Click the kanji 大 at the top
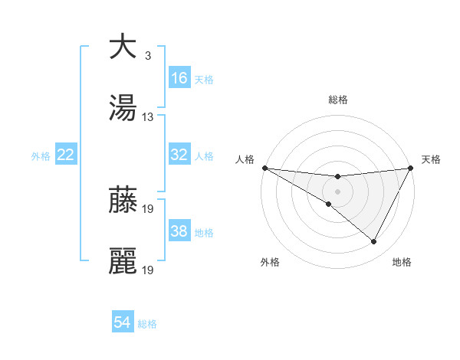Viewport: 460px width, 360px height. pyautogui.click(x=123, y=47)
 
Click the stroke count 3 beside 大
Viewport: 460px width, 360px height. pyautogui.click(x=147, y=56)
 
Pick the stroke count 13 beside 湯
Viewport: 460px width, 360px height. pyautogui.click(x=148, y=117)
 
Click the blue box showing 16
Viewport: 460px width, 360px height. pyautogui.click(x=179, y=77)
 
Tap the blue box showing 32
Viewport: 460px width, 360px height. pyautogui.click(x=179, y=155)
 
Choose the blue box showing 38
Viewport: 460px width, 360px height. pyautogui.click(x=179, y=231)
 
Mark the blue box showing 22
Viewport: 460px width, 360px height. pyautogui.click(x=66, y=155)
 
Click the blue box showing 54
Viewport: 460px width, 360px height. pyautogui.click(x=123, y=322)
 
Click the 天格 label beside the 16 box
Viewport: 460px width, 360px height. pyautogui.click(x=204, y=79)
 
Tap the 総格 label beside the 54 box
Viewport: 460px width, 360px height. pyautogui.click(x=147, y=324)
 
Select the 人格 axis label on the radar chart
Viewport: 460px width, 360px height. pyautogui.click(x=245, y=159)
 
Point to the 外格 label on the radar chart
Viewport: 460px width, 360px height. pyautogui.click(x=270, y=262)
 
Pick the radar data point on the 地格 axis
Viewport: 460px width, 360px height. pyautogui.click(x=374, y=242)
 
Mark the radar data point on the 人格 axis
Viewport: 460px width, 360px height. pyautogui.click(x=264, y=168)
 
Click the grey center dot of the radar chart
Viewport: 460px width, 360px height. pyautogui.click(x=337, y=191)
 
